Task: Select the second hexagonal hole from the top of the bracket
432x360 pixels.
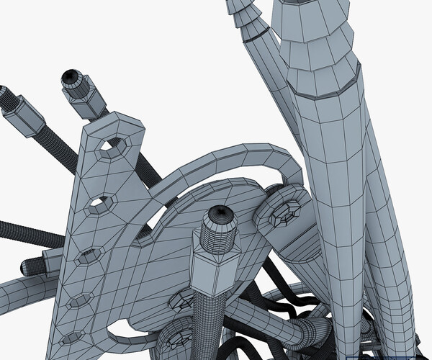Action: point(100,206)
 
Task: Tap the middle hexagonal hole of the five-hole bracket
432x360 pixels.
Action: point(89,255)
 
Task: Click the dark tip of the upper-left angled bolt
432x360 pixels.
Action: point(70,76)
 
